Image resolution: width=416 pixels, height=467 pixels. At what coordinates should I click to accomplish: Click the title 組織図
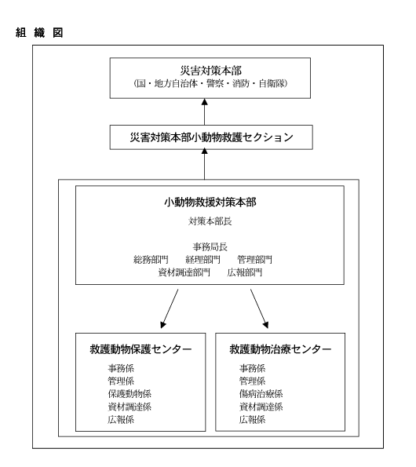[x=39, y=32]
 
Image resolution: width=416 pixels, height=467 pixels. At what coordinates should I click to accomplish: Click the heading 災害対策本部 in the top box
[x=210, y=71]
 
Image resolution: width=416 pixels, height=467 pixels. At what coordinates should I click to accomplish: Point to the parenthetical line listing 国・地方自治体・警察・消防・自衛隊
[x=210, y=83]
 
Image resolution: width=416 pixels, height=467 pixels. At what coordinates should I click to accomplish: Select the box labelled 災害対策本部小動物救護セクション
[x=211, y=137]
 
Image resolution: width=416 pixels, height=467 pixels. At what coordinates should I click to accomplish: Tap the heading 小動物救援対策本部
[x=210, y=202]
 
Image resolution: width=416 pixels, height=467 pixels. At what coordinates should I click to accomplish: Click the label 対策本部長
[x=210, y=221]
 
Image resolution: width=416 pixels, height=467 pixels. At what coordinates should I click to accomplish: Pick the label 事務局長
[x=210, y=246]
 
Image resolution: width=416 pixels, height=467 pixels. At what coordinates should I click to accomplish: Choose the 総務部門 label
[x=151, y=260]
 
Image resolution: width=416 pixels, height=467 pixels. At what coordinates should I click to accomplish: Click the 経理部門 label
[x=203, y=260]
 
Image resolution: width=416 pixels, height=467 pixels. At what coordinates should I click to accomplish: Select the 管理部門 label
[x=254, y=260]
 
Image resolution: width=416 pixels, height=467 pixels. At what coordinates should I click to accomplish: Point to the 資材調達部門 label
[x=184, y=272]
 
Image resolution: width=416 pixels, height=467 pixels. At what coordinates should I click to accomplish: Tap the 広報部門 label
[x=244, y=272]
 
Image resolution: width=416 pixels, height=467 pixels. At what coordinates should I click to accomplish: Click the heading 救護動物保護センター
[x=140, y=349]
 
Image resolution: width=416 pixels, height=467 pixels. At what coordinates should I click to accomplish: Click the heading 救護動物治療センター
[x=280, y=349]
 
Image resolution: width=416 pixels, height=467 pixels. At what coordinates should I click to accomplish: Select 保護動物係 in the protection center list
[x=130, y=394]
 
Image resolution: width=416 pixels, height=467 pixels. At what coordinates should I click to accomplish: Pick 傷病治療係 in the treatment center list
[x=261, y=394]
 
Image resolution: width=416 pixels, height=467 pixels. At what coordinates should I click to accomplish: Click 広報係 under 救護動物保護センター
[x=121, y=419]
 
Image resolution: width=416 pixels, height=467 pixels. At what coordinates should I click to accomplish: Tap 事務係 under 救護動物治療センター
[x=252, y=368]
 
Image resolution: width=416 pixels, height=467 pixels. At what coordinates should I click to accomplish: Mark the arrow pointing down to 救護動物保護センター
[x=170, y=308]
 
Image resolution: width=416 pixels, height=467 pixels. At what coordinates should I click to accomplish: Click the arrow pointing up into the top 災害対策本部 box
[x=205, y=111]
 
